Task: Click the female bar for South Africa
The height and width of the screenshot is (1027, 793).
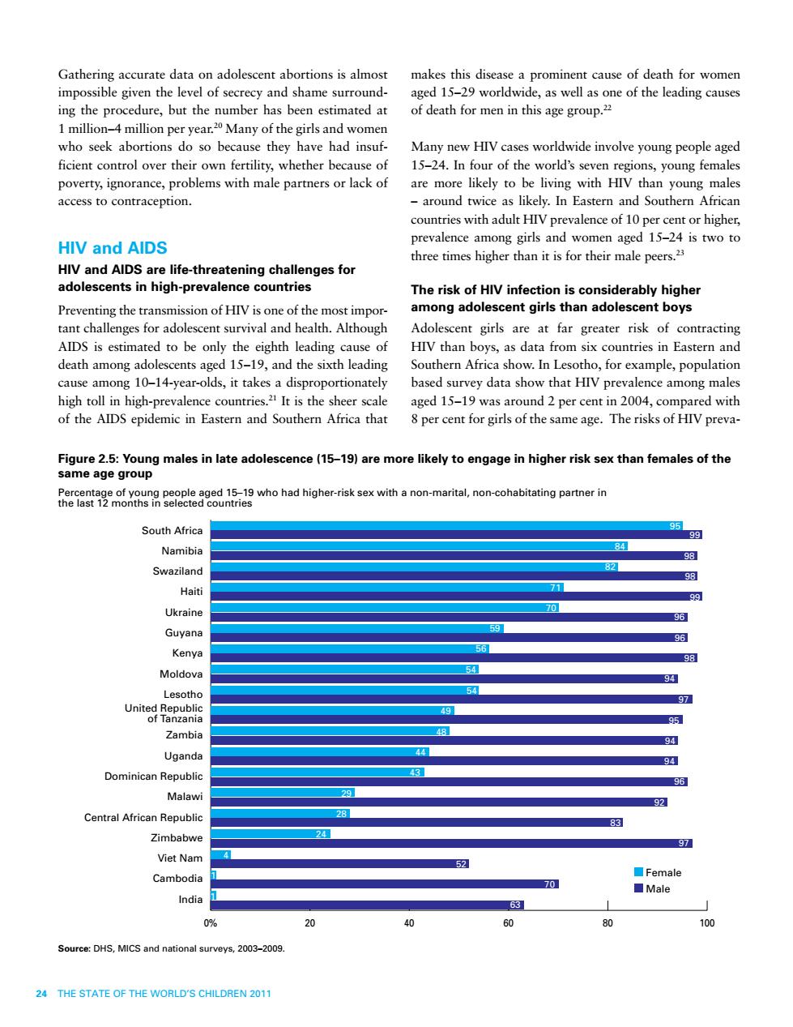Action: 446,525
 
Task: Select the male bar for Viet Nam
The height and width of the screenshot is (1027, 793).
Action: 339,863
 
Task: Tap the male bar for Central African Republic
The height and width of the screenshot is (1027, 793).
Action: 416,823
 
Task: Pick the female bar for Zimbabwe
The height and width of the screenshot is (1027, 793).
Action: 271,834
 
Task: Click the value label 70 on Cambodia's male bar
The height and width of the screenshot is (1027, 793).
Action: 549,884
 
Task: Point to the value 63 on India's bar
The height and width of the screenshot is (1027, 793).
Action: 515,905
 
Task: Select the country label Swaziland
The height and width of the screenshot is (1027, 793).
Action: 177,571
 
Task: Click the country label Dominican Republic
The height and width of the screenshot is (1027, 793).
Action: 154,776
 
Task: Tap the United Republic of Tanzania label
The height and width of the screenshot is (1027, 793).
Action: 164,713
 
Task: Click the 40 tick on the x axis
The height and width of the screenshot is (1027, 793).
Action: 409,923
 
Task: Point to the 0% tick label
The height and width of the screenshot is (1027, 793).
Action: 210,923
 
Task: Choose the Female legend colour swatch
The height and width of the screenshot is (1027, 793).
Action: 638,872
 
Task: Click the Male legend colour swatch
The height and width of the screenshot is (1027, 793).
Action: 638,888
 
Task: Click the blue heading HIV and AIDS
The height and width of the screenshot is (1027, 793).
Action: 113,248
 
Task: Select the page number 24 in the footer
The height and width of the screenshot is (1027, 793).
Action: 41,994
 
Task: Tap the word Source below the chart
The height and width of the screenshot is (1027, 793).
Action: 73,948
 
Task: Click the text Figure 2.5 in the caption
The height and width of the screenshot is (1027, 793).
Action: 87,459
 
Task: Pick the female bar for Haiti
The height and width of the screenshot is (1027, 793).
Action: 387,587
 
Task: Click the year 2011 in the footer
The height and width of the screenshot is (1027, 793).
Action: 261,994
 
